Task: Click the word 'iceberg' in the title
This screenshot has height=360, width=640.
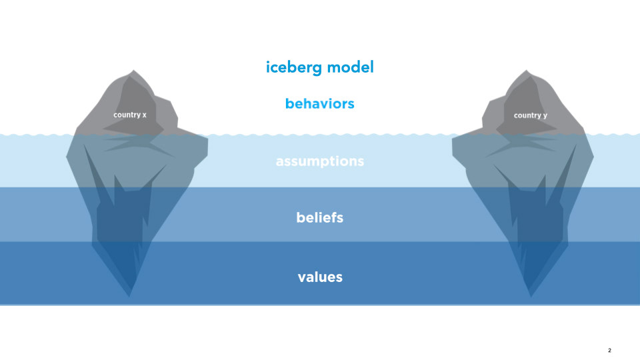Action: click(x=294, y=68)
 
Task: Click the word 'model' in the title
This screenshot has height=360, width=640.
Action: click(x=351, y=67)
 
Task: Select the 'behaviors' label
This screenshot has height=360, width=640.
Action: click(x=319, y=104)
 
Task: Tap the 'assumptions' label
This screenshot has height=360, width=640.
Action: click(x=319, y=161)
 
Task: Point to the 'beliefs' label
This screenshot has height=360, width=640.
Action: click(x=319, y=217)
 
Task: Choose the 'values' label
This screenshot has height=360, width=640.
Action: click(x=320, y=277)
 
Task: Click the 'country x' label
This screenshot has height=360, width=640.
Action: click(x=130, y=115)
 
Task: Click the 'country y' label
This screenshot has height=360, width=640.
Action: click(x=530, y=115)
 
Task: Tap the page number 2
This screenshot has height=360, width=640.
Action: click(x=609, y=350)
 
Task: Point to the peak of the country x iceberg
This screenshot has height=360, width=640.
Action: click(x=133, y=70)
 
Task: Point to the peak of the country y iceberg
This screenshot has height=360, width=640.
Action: click(x=526, y=70)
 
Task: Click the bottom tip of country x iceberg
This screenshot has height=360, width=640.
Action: click(x=129, y=297)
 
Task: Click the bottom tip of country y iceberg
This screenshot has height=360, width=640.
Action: click(x=531, y=297)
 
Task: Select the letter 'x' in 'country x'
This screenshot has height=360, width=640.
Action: click(x=144, y=115)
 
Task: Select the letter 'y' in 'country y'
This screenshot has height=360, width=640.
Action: click(x=545, y=116)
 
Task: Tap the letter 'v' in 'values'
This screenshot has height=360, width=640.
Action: click(x=302, y=279)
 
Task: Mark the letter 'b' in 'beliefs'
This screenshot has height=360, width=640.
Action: click(x=301, y=217)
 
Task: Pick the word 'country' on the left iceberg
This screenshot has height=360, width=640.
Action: click(x=127, y=115)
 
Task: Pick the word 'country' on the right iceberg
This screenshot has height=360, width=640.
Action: click(x=527, y=116)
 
